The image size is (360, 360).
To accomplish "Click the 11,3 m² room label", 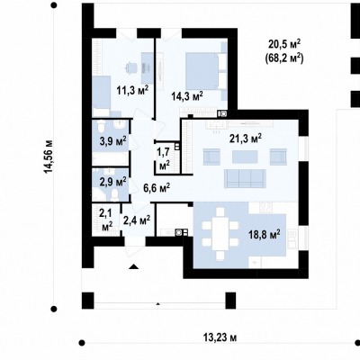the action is (133, 90).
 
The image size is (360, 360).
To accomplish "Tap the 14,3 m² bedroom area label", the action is (187, 96).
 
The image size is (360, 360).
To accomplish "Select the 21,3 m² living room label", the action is (246, 139).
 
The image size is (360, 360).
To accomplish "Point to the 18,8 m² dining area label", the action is (265, 234).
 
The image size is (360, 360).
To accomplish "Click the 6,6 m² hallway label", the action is (157, 188).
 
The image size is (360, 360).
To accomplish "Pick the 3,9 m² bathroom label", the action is (112, 140).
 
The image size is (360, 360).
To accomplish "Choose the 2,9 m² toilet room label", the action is (112, 182).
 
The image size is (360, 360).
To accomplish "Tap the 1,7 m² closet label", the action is (165, 159).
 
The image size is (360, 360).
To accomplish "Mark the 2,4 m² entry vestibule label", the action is (137, 220).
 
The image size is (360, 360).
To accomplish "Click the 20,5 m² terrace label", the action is (284, 51).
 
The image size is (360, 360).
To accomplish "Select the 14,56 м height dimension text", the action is (49, 157).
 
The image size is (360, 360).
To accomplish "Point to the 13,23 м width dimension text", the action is (220, 337).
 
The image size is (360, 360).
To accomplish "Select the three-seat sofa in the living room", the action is (245, 178).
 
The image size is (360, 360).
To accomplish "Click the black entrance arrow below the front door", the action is (134, 266).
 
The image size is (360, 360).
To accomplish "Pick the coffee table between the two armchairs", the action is (245, 157).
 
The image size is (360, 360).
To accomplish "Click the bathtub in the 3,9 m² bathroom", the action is (110, 158).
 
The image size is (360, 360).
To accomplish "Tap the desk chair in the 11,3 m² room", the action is (130, 67).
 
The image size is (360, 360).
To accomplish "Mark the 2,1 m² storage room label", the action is (105, 220).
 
